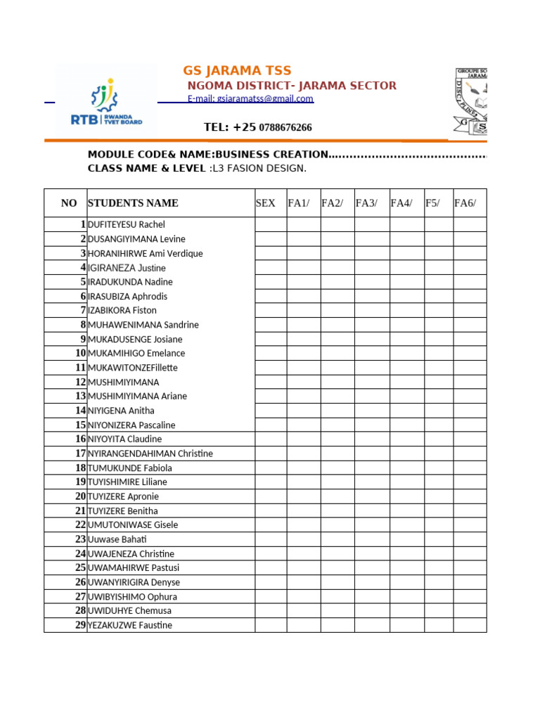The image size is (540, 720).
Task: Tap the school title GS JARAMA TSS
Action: click(237, 70)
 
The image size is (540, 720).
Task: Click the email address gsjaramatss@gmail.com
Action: click(250, 99)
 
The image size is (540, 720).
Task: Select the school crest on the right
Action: click(470, 101)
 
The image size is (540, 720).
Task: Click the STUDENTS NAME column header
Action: click(133, 203)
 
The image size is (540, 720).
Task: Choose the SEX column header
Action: click(266, 203)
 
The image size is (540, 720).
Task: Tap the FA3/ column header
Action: click(366, 203)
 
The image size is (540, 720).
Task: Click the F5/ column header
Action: click(432, 203)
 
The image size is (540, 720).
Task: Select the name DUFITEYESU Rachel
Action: click(127, 225)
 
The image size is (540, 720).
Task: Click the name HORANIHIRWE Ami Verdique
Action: click(145, 254)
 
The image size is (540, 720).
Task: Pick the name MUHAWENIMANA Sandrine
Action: click(143, 325)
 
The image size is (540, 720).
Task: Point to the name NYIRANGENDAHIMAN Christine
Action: click(150, 454)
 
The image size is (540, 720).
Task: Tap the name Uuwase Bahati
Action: click(117, 539)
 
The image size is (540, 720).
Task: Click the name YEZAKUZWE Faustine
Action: click(130, 625)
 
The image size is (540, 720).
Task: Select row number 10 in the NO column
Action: click(80, 354)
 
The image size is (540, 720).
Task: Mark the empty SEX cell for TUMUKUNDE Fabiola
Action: click(271, 468)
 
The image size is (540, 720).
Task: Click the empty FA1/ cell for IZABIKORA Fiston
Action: click(304, 311)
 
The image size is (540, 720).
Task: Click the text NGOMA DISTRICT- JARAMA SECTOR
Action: click(292, 86)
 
